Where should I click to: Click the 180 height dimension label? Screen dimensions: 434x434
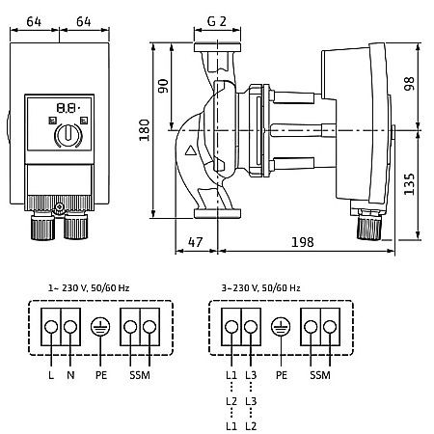tap(145, 130)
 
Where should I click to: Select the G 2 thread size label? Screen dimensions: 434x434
tap(217, 21)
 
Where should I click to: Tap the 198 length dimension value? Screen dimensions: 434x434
tap(302, 242)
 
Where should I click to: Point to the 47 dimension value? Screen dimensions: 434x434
tap(196, 242)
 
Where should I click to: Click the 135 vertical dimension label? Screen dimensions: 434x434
tap(409, 184)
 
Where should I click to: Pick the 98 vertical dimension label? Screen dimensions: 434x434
tap(409, 84)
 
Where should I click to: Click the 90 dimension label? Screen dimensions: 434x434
tap(164, 86)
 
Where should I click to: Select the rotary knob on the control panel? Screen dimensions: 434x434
tap(68, 135)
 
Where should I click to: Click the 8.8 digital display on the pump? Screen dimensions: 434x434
tap(68, 108)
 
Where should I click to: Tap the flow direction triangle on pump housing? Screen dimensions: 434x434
tap(191, 150)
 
